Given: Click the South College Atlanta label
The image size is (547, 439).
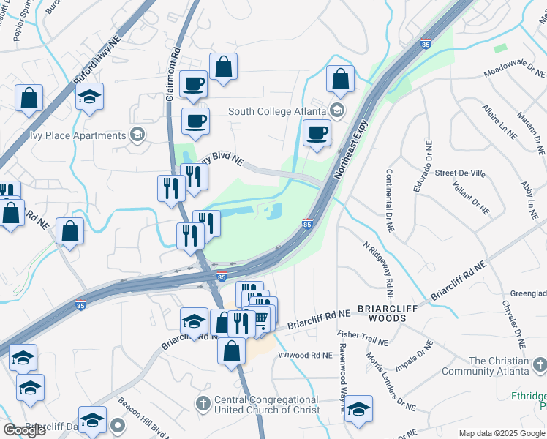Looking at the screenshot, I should point(277,112).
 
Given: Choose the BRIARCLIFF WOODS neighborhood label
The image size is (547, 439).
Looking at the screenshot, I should point(387,313).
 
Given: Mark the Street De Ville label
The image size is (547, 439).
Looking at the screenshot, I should point(460,173).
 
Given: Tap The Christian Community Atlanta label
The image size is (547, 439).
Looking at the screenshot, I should point(498,366).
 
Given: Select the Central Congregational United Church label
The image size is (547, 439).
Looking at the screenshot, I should point(266,405).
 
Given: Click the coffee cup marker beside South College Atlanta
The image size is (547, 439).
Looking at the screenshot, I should point(317,133).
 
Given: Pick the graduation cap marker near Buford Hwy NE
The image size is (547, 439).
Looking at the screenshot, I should point(89,97).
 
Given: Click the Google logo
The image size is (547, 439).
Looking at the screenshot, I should point(24,430).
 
